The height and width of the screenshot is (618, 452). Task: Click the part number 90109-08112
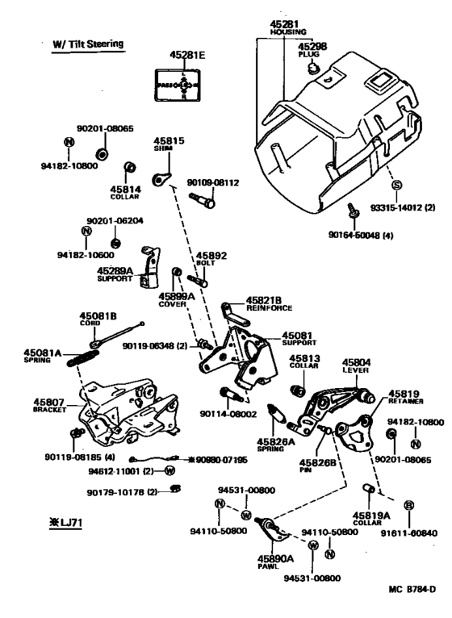point(214,182)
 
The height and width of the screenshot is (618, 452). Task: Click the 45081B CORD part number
point(98,315)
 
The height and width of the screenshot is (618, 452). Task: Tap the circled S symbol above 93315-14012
point(396,186)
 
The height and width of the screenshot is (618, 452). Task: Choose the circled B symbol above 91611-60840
point(409,505)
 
